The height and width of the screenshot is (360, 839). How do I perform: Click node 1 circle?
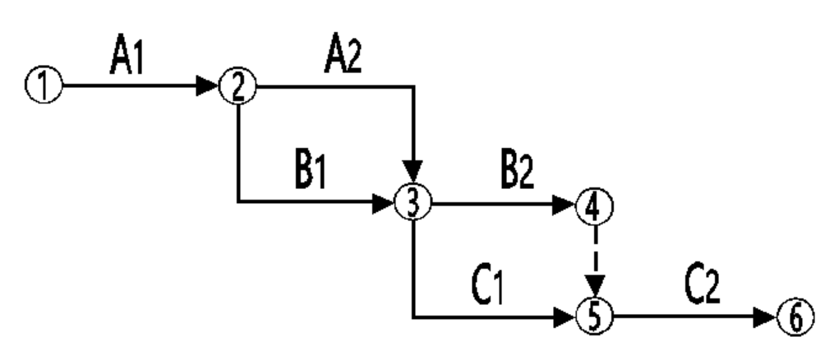[x=44, y=85]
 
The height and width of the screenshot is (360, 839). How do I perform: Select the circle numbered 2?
[x=237, y=86]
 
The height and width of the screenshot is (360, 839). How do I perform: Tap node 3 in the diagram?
[x=413, y=203]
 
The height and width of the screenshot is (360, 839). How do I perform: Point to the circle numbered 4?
[x=594, y=205]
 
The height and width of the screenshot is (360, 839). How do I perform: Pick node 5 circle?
[x=594, y=316]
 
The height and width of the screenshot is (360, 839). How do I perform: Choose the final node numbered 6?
[x=795, y=317]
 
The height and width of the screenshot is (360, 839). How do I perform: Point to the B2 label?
[x=517, y=172]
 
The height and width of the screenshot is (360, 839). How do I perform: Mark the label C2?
[x=703, y=286]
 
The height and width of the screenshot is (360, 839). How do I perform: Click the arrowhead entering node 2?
[x=208, y=85]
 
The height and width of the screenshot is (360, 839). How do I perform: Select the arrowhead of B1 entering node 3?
[x=383, y=203]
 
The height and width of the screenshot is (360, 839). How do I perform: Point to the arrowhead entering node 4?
[x=565, y=205]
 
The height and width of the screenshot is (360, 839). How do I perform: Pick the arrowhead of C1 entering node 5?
[x=565, y=317]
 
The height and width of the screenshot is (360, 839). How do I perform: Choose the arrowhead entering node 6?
[x=765, y=317]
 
